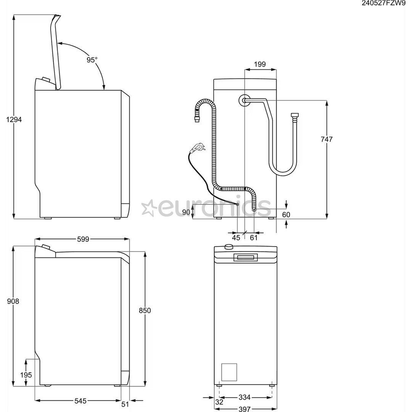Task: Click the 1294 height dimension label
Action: tap(14, 119)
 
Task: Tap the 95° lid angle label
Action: tap(92, 60)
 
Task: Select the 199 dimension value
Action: tap(259, 64)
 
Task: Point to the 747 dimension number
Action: tap(327, 139)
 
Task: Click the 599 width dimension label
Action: tap(83, 239)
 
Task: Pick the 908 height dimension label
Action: tap(13, 301)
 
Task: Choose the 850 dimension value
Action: tap(145, 311)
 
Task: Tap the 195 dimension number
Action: tap(26, 375)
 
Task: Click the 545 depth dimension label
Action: tap(80, 401)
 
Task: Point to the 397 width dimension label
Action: tap(245, 409)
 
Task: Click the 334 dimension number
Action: tap(245, 398)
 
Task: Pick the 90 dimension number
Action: tap(186, 212)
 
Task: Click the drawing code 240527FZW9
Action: tap(384, 3)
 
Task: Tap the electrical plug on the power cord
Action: tap(198, 146)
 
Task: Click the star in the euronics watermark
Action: tap(148, 208)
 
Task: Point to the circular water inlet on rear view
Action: tap(244, 100)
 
